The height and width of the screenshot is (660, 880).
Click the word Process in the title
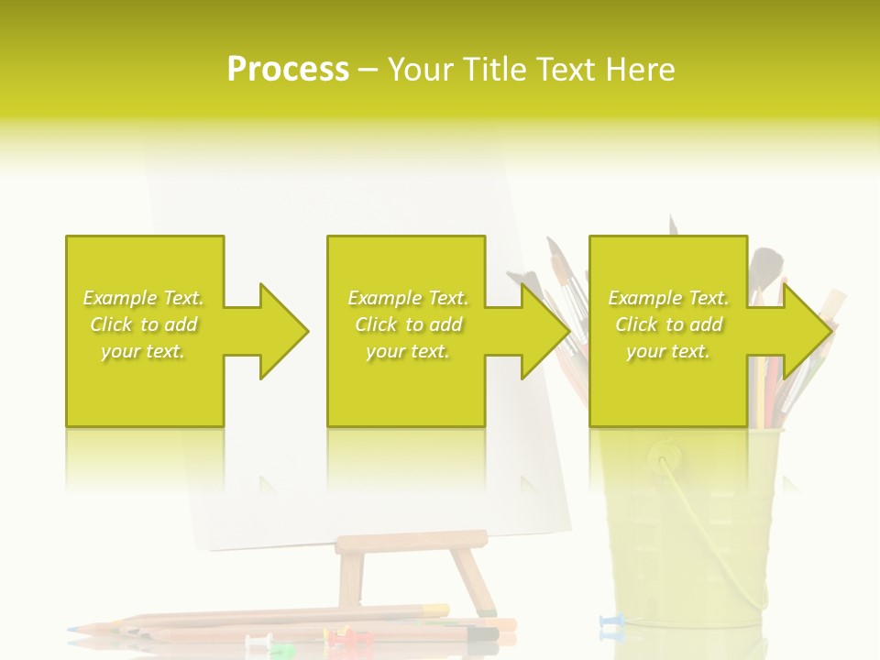click(288, 69)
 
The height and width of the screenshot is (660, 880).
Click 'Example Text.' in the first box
click(144, 298)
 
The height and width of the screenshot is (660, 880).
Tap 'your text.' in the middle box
click(408, 351)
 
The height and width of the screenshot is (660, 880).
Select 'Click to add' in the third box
click(669, 324)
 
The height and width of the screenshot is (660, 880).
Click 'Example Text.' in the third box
click(669, 298)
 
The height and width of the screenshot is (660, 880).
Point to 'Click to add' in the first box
click(144, 324)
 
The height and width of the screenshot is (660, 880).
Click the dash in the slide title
click(368, 70)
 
